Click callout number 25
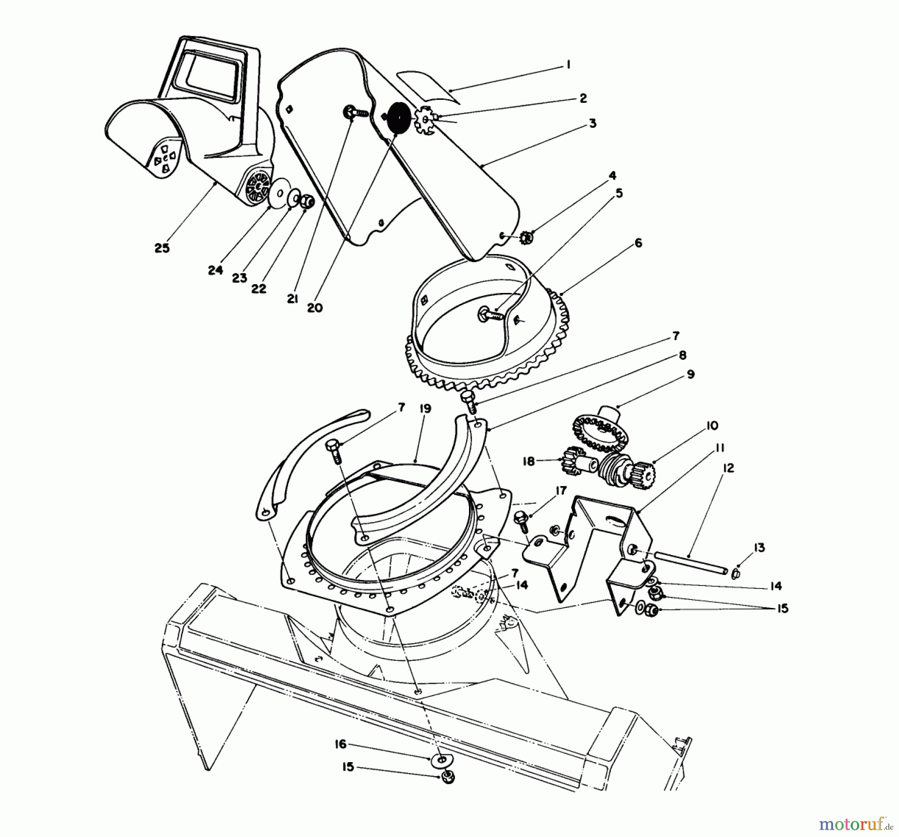(162, 248)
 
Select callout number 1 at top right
(568, 65)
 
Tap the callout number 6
(638, 243)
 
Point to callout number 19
(425, 408)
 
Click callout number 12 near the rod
(728, 468)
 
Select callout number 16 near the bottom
(340, 744)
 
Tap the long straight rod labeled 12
(689, 562)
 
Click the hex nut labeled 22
(308, 201)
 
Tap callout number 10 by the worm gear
(712, 426)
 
